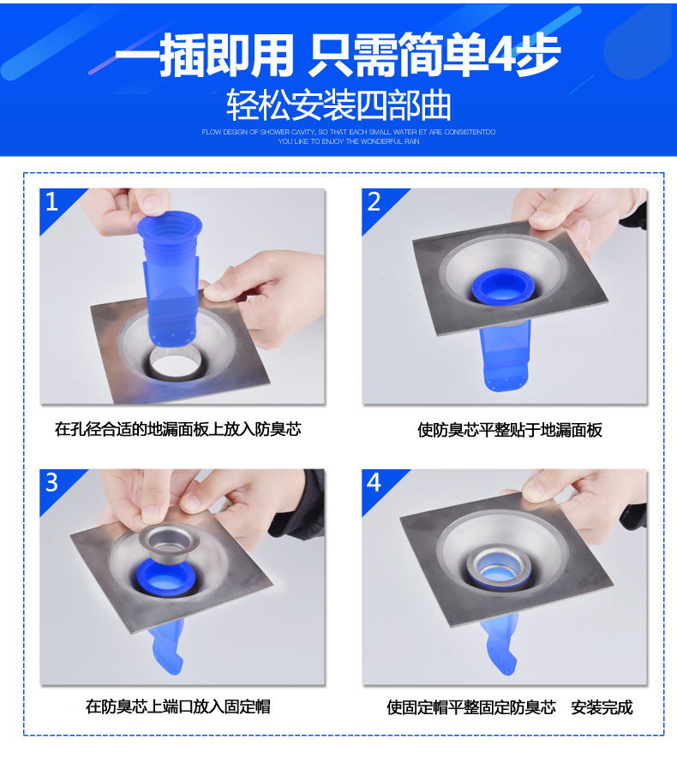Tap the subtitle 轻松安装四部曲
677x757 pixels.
point(338,104)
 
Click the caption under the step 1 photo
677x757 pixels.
point(178,429)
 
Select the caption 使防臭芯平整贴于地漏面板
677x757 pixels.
point(510,430)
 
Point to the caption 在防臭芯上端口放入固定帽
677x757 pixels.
point(178,706)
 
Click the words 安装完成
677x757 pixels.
point(602,707)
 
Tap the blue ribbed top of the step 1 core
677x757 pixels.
point(169,228)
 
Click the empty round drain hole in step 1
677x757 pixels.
point(175,362)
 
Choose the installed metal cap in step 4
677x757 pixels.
point(499,566)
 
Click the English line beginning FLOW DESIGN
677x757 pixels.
point(349,132)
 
